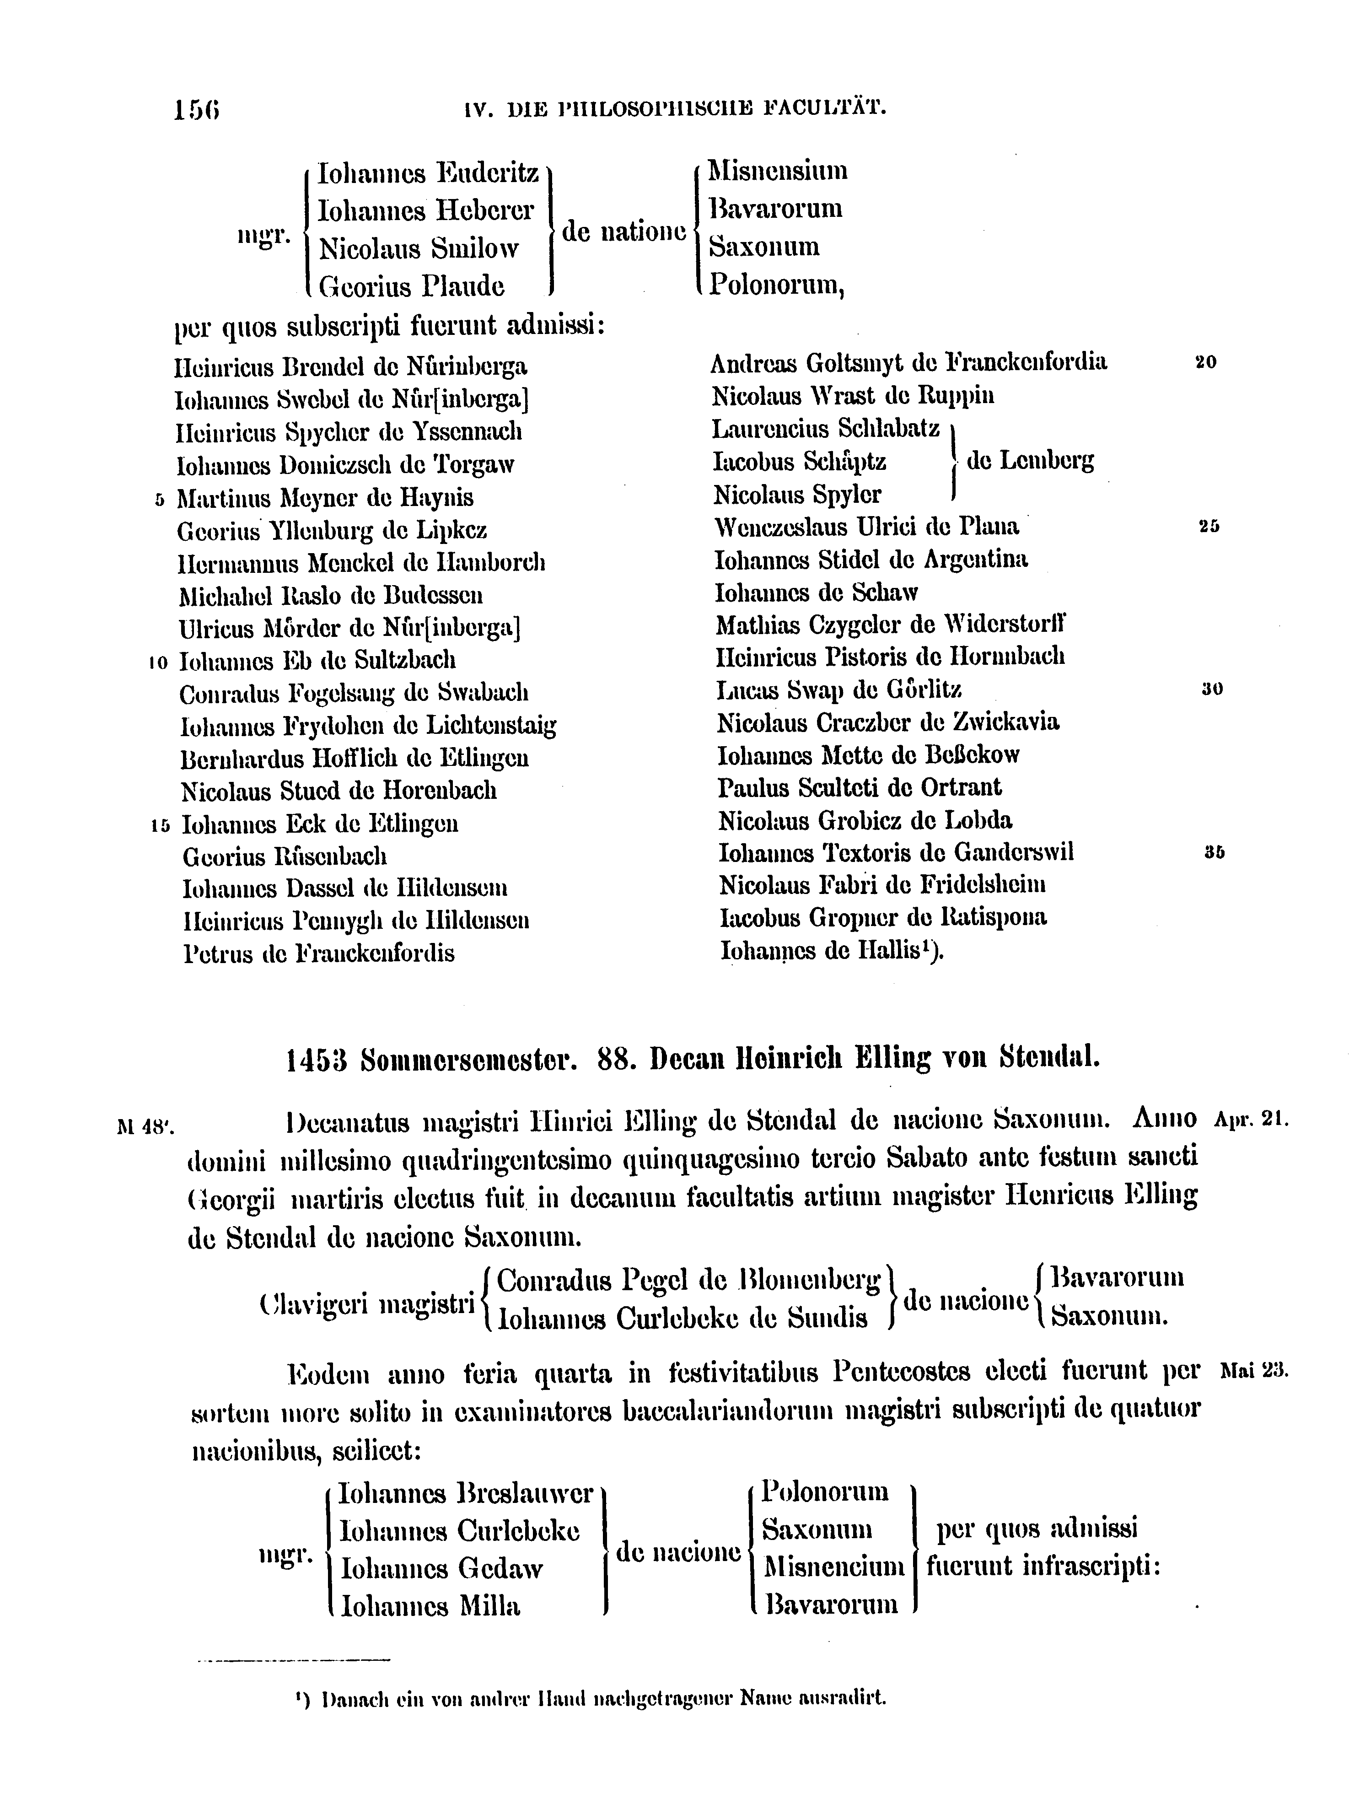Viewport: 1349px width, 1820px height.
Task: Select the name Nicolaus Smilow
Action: [419, 248]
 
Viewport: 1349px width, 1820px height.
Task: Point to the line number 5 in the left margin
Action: [159, 499]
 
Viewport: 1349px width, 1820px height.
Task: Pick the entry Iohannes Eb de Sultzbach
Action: [317, 660]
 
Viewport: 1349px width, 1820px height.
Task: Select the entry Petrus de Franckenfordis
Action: [318, 953]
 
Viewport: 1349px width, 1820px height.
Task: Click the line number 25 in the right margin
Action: [1209, 528]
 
